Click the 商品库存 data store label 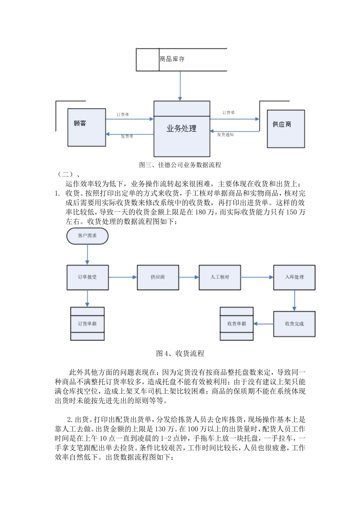(172, 59)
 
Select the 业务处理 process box (182, 129)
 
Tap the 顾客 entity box (86, 127)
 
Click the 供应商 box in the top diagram (286, 129)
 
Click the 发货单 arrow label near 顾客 (127, 136)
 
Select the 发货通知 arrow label (225, 134)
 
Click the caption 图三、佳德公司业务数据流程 (180, 165)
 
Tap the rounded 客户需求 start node (87, 236)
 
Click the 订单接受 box (88, 277)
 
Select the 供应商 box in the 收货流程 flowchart (158, 277)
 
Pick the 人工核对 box (220, 277)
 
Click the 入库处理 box (294, 277)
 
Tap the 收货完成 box (294, 324)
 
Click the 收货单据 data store (237, 324)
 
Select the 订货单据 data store (88, 324)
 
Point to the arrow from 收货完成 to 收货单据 (263, 324)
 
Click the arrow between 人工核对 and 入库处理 (257, 277)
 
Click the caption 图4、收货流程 (180, 353)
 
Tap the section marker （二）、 (68, 174)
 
